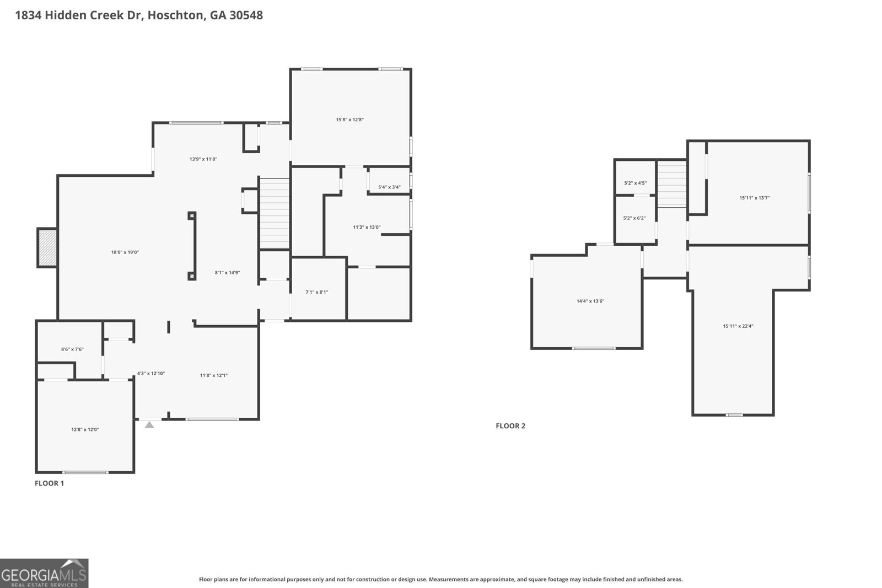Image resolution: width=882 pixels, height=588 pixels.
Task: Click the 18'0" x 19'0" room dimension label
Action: (125, 252)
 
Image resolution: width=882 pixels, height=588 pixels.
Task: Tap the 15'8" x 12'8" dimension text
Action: (349, 120)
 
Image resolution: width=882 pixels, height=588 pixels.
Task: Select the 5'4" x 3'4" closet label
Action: (389, 187)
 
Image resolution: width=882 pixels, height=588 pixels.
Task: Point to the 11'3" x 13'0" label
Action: (367, 227)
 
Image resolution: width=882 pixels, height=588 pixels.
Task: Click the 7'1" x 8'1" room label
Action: (316, 292)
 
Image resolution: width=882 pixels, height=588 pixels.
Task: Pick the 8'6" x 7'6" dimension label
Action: (72, 349)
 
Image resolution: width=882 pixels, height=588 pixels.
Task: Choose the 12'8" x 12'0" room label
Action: (85, 429)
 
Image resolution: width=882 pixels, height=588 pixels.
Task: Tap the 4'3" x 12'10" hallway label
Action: (150, 374)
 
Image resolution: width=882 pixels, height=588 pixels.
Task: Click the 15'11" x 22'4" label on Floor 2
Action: (738, 326)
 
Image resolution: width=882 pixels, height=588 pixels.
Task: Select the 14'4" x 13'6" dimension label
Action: (590, 301)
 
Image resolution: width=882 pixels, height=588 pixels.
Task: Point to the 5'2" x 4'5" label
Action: (635, 183)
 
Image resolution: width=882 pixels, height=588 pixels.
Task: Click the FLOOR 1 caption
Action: (50, 483)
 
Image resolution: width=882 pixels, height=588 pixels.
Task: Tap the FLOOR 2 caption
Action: (510, 426)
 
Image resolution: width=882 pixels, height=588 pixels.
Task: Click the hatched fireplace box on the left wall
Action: (47, 247)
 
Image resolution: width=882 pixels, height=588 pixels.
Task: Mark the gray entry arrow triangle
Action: (149, 424)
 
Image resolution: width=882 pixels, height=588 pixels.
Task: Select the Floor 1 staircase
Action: (275, 213)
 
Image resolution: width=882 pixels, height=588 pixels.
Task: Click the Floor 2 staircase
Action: (671, 184)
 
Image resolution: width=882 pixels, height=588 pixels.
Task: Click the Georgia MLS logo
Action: (44, 573)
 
